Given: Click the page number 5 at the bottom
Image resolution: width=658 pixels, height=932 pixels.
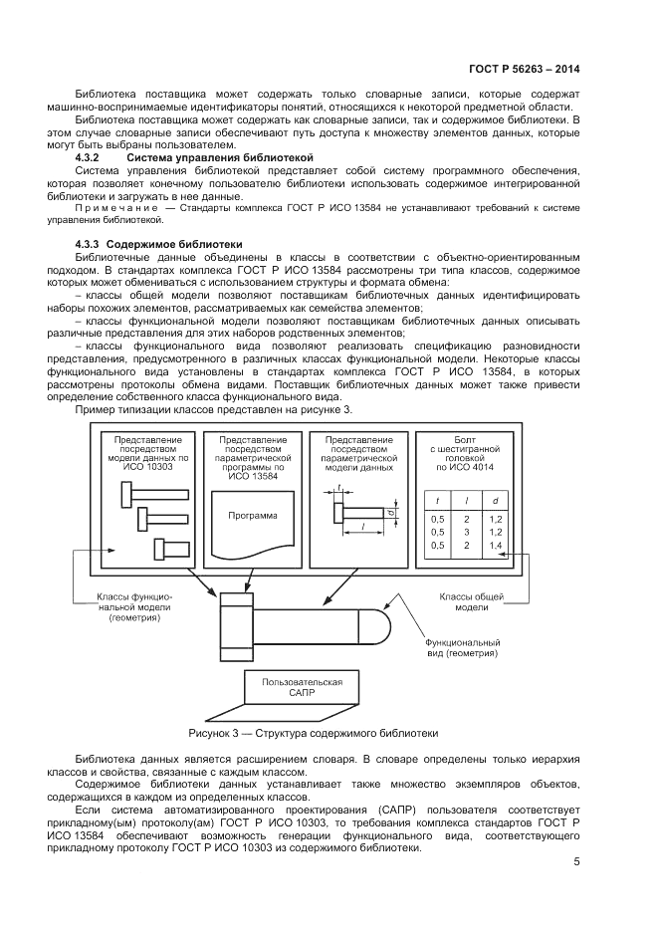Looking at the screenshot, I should (576, 862).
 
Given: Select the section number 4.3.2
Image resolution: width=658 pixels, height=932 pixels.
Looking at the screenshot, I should (90, 158).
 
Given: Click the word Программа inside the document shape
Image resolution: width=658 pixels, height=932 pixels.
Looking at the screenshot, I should (253, 516).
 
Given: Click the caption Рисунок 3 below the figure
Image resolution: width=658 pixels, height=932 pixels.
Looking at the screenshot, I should (313, 733).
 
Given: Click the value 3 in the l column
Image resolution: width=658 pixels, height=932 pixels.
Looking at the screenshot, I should (465, 533).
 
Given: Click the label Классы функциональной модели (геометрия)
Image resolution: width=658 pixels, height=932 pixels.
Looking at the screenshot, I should (133, 606).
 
